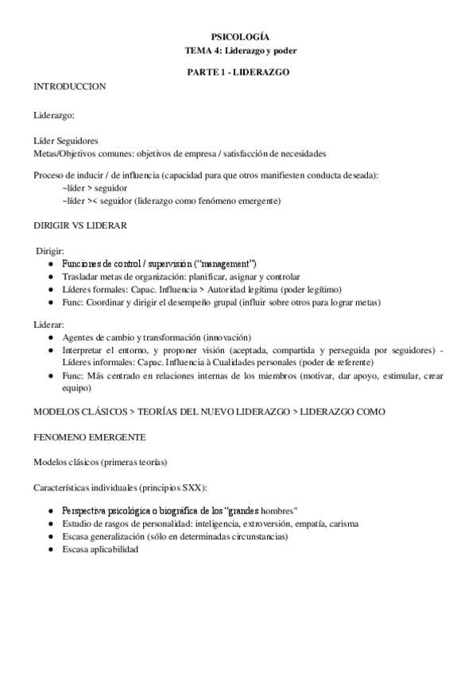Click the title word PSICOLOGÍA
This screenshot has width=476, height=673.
click(238, 37)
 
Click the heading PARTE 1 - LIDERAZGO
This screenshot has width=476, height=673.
click(238, 71)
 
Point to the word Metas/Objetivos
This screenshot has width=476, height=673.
click(66, 152)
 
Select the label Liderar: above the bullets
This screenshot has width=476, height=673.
click(49, 325)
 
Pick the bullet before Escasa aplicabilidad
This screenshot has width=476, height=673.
click(51, 550)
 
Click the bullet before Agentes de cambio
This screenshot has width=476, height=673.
click(51, 337)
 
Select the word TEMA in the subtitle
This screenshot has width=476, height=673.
click(195, 50)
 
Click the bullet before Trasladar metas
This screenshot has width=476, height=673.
click(51, 276)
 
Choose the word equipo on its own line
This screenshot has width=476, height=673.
click(77, 388)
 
